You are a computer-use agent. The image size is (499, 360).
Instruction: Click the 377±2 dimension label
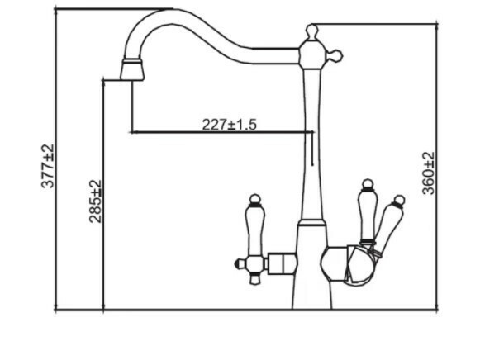coord(48,166)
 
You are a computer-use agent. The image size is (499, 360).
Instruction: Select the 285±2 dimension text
coord(96,201)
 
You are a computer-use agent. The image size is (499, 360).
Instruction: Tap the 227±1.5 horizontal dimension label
coord(229,125)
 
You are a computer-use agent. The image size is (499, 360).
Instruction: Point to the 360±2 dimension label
coord(428,173)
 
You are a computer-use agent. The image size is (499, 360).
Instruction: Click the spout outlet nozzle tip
coord(132,70)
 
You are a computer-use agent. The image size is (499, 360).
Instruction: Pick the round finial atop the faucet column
coord(312,31)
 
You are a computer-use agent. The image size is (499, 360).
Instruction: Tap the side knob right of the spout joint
coord(334,56)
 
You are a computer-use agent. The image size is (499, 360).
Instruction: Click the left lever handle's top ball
coord(254,199)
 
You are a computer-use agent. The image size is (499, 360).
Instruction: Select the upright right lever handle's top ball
coord(368,184)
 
